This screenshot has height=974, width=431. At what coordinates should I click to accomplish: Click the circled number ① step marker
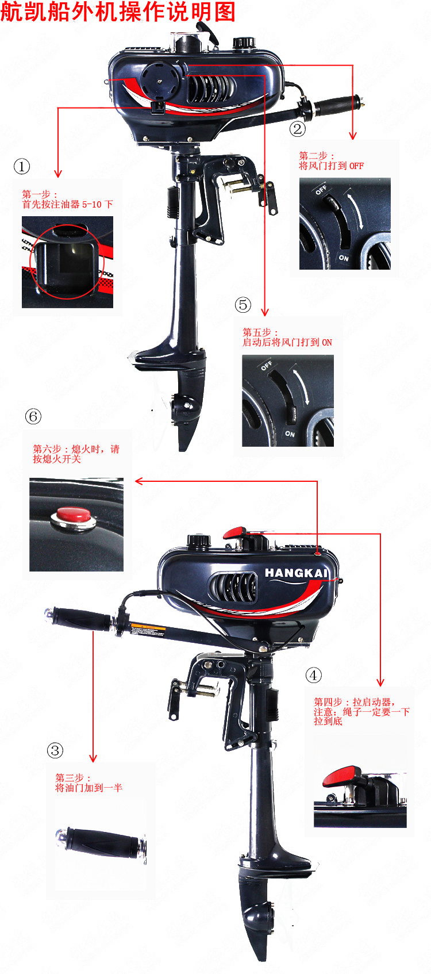click(x=22, y=166)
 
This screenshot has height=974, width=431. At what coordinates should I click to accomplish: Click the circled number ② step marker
click(x=298, y=129)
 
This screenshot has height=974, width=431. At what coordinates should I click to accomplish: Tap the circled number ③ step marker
click(x=55, y=750)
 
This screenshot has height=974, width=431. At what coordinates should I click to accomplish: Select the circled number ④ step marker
click(x=314, y=675)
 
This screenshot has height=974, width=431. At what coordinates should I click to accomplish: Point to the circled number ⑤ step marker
click(x=243, y=304)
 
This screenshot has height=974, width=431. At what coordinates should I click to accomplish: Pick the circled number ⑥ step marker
click(x=33, y=416)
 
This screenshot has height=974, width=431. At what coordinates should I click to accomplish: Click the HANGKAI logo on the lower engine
click(x=297, y=573)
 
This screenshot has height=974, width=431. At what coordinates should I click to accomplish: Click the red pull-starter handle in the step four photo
click(x=341, y=777)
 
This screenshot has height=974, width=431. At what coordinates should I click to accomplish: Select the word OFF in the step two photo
click(x=321, y=190)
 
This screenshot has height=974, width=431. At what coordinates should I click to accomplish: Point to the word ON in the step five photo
click(x=290, y=434)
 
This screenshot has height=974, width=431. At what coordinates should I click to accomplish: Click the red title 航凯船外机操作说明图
click(x=118, y=11)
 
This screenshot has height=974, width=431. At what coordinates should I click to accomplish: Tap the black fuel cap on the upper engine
click(x=243, y=43)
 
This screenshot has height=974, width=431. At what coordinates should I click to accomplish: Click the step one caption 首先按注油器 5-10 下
click(x=67, y=204)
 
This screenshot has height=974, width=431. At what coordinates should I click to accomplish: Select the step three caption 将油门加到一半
click(x=88, y=788)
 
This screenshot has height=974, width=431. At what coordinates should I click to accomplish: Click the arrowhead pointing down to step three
click(x=93, y=758)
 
